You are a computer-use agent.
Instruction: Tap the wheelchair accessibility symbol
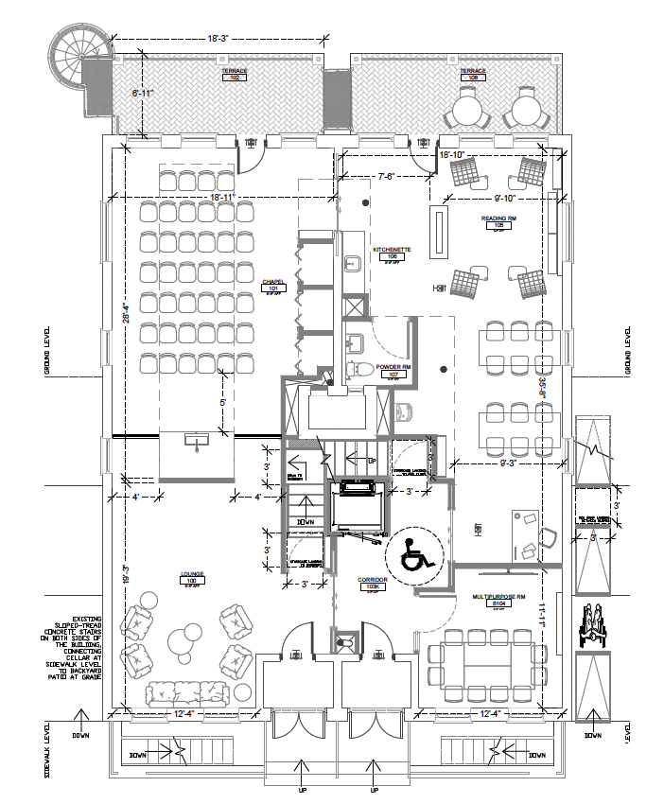413,552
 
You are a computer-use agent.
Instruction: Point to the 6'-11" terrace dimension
142,94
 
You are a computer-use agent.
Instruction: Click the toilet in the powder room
362,369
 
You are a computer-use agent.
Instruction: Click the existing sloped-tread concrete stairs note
79,638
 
